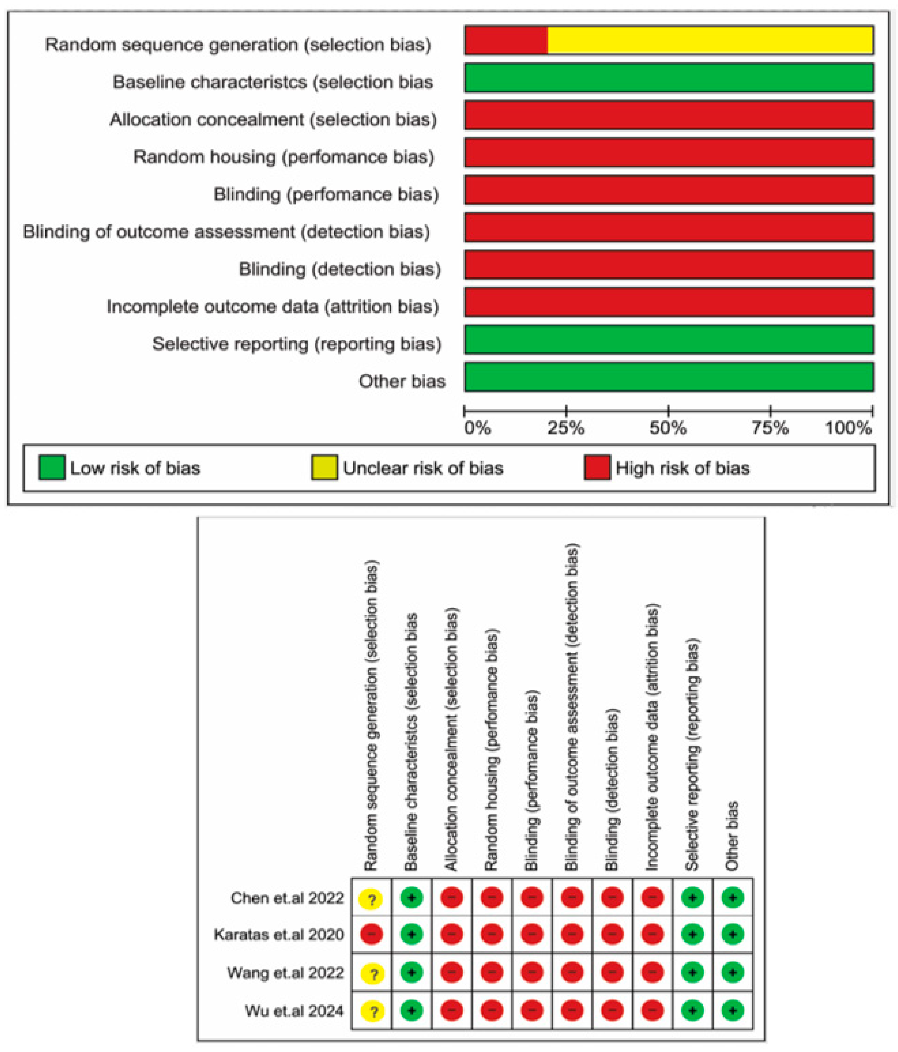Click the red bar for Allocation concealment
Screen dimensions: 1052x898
(669, 115)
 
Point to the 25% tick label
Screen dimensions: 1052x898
(566, 428)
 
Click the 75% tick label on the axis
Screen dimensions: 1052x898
(770, 428)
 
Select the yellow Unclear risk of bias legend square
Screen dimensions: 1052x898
(324, 468)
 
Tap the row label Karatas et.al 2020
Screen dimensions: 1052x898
(279, 934)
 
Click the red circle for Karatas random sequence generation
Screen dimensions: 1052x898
(371, 934)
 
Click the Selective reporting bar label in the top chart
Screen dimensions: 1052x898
(297, 344)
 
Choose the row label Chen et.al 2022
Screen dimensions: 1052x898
(287, 898)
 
